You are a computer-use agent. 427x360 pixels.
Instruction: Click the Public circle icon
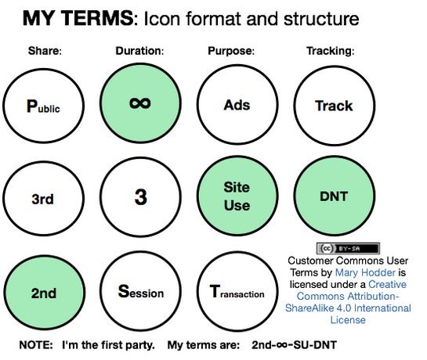pos(44,106)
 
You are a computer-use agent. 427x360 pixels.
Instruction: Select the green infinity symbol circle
pos(140,103)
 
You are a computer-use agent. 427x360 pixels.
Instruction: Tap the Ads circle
pos(237,105)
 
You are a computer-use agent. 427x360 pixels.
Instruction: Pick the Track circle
pos(334,106)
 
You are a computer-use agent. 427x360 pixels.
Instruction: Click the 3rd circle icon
pos(44,198)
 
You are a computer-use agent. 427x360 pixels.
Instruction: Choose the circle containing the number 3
pos(140,196)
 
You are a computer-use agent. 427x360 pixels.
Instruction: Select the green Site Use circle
pos(237,196)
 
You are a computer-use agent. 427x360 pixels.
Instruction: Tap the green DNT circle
pos(334,196)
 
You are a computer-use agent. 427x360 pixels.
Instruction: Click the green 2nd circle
pos(44,293)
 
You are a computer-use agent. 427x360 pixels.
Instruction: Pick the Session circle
pos(141,291)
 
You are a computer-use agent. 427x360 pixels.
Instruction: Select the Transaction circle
pos(237,291)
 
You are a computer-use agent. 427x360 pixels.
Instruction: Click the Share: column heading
pos(45,51)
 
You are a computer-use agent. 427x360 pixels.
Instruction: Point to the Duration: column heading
pos(139,51)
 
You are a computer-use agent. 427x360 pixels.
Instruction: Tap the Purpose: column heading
pos(231,51)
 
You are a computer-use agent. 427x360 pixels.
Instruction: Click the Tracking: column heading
pos(331,51)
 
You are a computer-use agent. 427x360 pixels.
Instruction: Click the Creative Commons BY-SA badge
pos(348,248)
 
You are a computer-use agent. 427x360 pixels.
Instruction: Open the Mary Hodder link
pos(365,272)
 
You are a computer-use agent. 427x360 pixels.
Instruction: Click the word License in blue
pos(348,320)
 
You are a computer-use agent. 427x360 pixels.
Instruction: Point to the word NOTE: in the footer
pos(36,345)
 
